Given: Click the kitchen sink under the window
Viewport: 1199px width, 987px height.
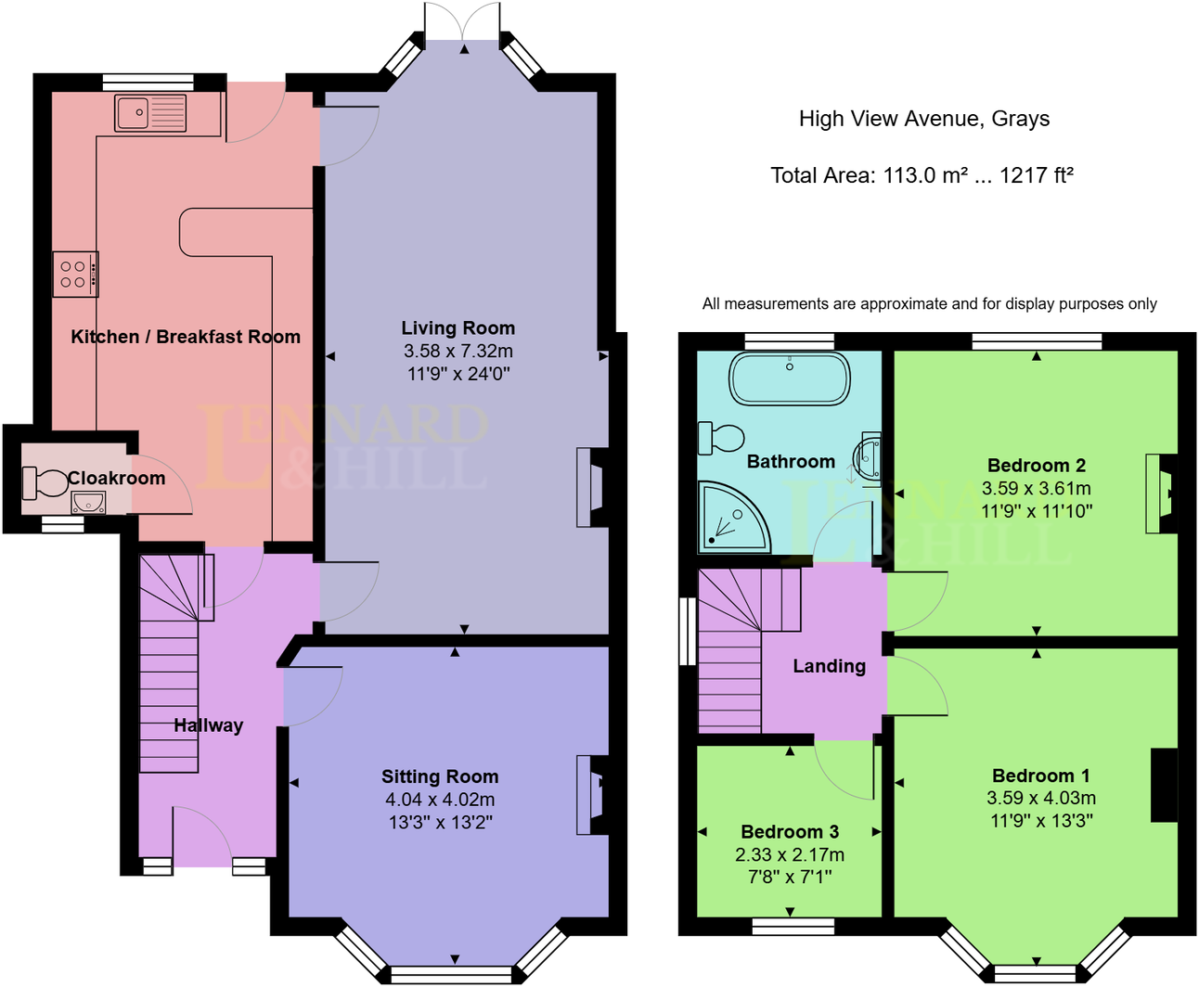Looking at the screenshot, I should pos(150,113).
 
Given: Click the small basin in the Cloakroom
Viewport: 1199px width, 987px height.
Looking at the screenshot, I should pos(89,503).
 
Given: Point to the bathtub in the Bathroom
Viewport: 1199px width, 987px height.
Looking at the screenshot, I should pos(790,378).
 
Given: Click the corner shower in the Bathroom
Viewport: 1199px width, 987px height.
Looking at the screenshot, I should pos(730,518).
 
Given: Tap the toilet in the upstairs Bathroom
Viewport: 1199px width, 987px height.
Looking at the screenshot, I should pos(721,438).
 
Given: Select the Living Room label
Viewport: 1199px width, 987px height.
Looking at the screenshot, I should pos(458,328).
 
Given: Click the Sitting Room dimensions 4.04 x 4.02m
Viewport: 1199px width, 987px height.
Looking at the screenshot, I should pos(440,800).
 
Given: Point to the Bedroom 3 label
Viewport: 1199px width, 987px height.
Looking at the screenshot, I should pos(790,832).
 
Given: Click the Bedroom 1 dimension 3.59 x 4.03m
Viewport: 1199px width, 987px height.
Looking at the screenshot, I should pos(1041,798).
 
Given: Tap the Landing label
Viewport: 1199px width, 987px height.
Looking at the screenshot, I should pos(829,666).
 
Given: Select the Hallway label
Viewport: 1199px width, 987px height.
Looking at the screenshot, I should pos(208,725).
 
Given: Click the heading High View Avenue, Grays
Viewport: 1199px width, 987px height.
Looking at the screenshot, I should pos(924,119).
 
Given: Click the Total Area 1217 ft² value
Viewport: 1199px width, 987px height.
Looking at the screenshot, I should pos(1037,175).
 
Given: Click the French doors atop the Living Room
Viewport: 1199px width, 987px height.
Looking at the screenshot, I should pos(461,23).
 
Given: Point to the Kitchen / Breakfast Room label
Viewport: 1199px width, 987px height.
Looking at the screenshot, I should pos(186,337).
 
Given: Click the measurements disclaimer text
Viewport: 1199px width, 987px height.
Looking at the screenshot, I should pos(929,304).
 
